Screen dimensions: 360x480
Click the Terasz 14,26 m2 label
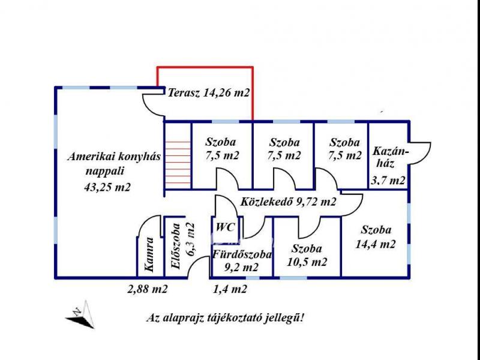pos(209,93)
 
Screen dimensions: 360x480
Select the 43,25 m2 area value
pos(107,187)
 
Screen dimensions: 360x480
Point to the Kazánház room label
pos(390,157)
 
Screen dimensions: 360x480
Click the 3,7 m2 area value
pos(389,180)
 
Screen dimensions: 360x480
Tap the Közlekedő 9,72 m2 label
pos(288,202)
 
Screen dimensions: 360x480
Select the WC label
pos(226,227)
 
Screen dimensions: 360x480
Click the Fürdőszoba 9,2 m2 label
pos(242,261)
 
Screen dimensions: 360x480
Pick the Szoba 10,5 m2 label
pos(306,255)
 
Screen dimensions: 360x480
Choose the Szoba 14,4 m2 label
pos(376,236)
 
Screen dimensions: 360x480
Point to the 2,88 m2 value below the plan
pos(147,289)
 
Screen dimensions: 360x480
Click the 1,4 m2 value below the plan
pos(230,289)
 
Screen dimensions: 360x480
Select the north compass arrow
pos(80,314)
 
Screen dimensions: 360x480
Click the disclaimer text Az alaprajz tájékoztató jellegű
pos(225,317)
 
